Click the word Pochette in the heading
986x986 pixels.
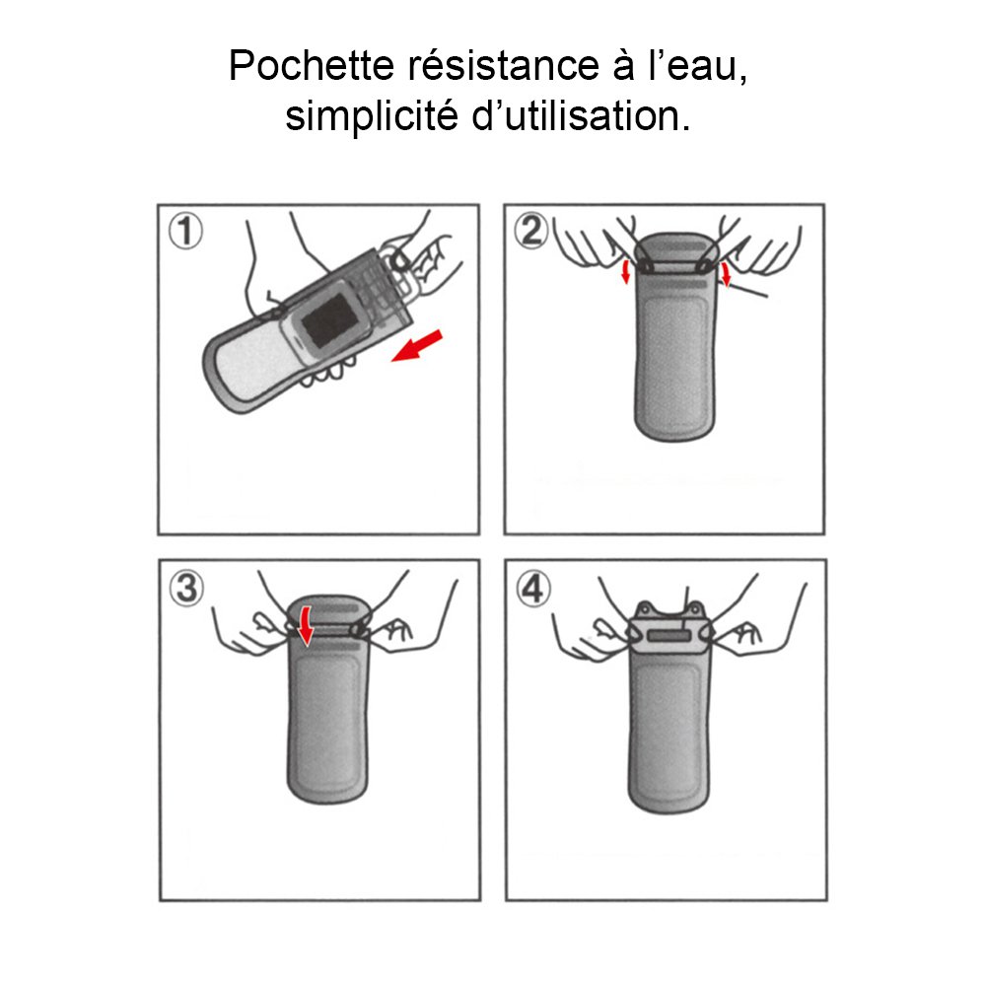[311, 65]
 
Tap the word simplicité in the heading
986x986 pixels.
[371, 117]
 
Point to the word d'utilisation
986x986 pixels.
[581, 115]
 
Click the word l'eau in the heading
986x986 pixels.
[698, 65]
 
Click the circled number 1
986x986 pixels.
[185, 231]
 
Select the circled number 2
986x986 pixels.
[531, 230]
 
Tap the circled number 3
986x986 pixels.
[186, 589]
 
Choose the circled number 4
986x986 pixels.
[533, 589]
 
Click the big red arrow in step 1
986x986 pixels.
[417, 346]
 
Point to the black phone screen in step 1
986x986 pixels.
[329, 321]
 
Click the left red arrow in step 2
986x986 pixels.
[625, 271]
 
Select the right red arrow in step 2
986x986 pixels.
[726, 274]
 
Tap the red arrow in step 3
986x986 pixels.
[306, 626]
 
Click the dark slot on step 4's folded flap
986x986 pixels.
[669, 637]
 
